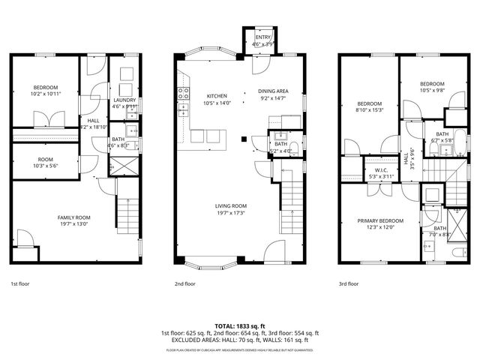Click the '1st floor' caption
(x=19, y=284)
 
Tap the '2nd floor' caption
(x=184, y=284)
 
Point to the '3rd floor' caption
(x=349, y=284)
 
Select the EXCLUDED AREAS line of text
(x=239, y=340)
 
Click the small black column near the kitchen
(x=243, y=139)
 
